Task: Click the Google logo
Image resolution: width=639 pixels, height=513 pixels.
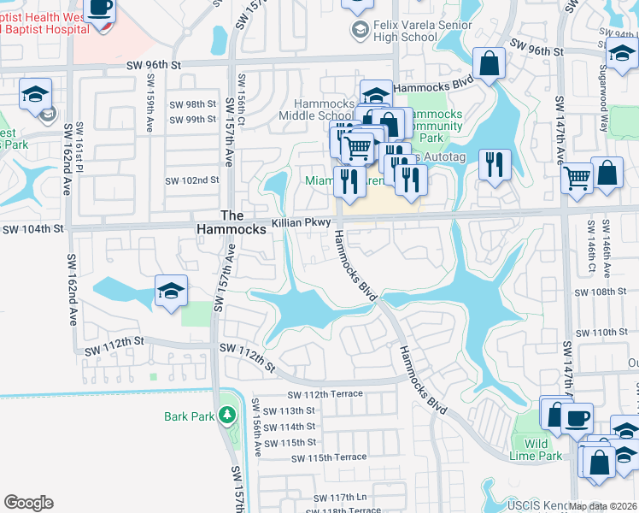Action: point(28,503)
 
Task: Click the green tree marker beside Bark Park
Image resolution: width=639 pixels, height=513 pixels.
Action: point(226,416)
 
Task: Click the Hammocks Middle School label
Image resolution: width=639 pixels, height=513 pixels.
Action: point(316,109)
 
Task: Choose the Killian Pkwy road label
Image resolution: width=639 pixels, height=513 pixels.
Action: point(301,222)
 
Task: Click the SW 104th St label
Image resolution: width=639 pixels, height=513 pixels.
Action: point(32,229)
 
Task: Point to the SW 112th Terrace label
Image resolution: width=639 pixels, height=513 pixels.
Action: point(325,394)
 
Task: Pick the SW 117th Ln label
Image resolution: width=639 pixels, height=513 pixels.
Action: point(339,498)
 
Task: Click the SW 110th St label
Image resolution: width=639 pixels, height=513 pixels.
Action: point(601,332)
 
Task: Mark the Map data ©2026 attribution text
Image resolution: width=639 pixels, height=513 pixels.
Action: point(601,506)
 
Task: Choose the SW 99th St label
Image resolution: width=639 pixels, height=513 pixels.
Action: point(193,119)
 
